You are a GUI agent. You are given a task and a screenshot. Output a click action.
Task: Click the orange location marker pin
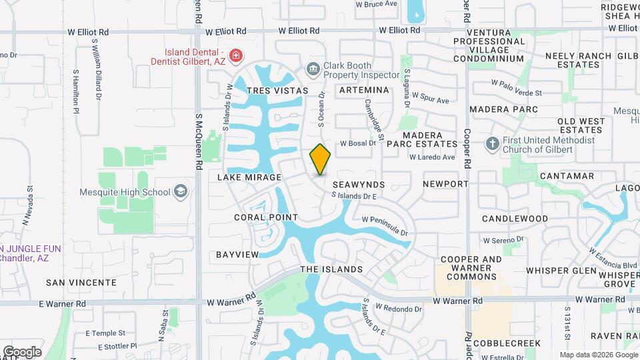(321, 159)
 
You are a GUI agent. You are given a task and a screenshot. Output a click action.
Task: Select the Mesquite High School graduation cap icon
(179, 192)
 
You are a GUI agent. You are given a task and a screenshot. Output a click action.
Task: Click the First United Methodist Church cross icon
(492, 144)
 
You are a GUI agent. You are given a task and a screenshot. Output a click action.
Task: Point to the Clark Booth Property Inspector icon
(313, 69)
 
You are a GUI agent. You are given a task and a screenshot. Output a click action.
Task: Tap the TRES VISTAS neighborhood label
(277, 90)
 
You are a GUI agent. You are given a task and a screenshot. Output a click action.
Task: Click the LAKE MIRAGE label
(249, 178)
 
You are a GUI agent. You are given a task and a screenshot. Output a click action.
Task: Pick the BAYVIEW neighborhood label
(237, 255)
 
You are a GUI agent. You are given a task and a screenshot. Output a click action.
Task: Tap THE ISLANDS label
(331, 269)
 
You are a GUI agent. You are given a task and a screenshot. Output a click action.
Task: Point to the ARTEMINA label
(364, 90)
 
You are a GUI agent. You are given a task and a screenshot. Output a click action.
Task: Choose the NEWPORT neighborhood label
(445, 183)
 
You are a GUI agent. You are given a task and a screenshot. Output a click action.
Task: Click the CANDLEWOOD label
(515, 219)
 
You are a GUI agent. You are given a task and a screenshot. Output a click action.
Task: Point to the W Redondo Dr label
(399, 309)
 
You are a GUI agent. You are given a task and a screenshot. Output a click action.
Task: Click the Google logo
(22, 351)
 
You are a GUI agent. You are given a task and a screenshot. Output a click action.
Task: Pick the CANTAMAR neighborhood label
(567, 176)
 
